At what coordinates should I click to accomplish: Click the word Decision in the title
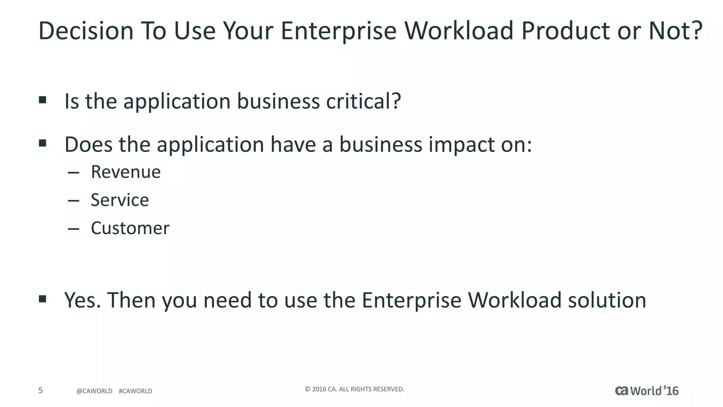[x=86, y=31]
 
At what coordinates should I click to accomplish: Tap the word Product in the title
[x=565, y=31]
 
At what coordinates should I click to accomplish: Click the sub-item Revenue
[x=126, y=172]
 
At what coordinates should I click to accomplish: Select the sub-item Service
[x=120, y=200]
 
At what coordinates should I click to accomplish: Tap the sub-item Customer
[x=130, y=228]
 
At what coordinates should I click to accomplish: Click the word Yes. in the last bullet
[x=83, y=300]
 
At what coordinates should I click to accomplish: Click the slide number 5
[x=41, y=390]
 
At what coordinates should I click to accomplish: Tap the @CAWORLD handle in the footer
[x=94, y=391]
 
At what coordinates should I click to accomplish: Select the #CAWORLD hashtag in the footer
[x=136, y=391]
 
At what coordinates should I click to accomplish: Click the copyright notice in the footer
[x=354, y=389]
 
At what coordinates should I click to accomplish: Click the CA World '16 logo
[x=647, y=391]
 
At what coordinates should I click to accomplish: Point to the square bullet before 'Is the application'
[x=43, y=100]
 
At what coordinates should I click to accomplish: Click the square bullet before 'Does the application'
[x=43, y=143]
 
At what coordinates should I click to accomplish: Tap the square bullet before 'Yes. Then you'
[x=43, y=299]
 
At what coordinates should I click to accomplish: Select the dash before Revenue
[x=73, y=173]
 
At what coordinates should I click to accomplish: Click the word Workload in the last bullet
[x=514, y=300]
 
